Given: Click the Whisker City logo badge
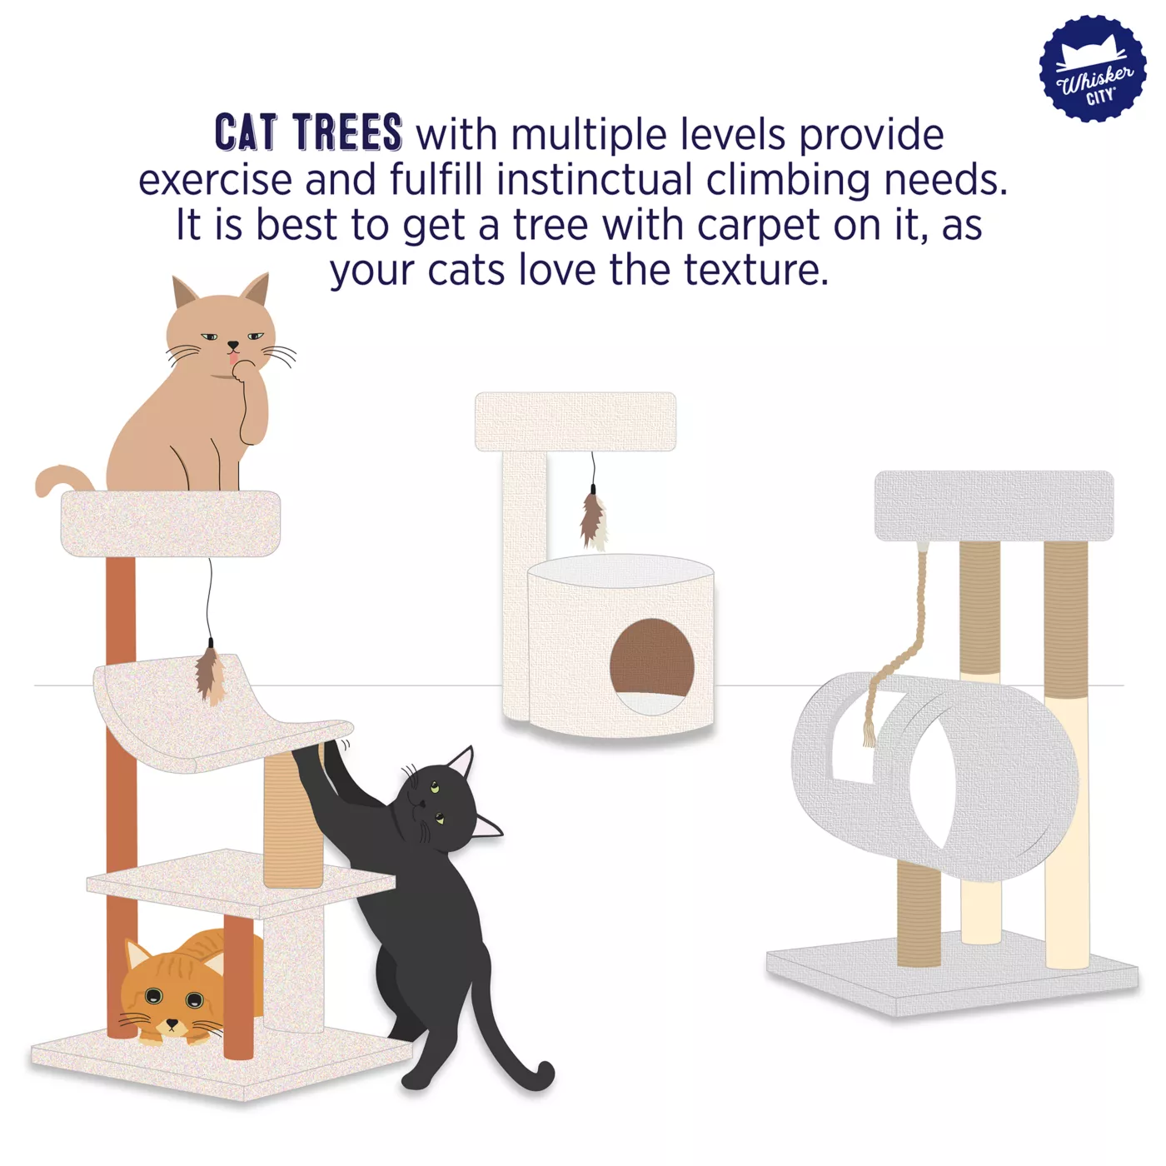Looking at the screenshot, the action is click(x=1092, y=68).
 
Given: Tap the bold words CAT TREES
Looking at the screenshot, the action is click(x=309, y=132).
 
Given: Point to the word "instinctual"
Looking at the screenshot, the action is click(x=595, y=180).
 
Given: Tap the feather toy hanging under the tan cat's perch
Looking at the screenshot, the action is click(x=210, y=675).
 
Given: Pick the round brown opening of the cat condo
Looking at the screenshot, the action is click(x=651, y=658).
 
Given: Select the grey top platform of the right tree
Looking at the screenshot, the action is click(x=994, y=506).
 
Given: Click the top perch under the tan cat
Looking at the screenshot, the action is click(x=171, y=523).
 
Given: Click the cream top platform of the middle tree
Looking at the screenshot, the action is click(x=576, y=421).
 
